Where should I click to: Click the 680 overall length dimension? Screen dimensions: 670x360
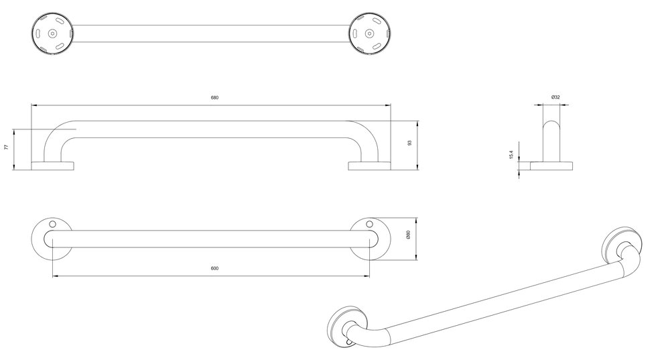pos(214,97)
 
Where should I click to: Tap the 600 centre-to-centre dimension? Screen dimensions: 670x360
pos(214,268)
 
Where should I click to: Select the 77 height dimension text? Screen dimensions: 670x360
pos(6,147)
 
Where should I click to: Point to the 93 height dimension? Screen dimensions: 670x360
pos(410,143)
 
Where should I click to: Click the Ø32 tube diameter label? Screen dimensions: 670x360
pos(555,97)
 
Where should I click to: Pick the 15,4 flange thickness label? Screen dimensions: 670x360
pos(511,155)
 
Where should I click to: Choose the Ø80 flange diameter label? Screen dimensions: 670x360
pos(408,235)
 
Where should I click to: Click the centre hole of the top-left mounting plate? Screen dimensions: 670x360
pos(52,34)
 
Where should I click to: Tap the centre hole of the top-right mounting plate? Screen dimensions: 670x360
pos(369,34)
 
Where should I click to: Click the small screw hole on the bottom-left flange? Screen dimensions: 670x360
pos(52,224)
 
